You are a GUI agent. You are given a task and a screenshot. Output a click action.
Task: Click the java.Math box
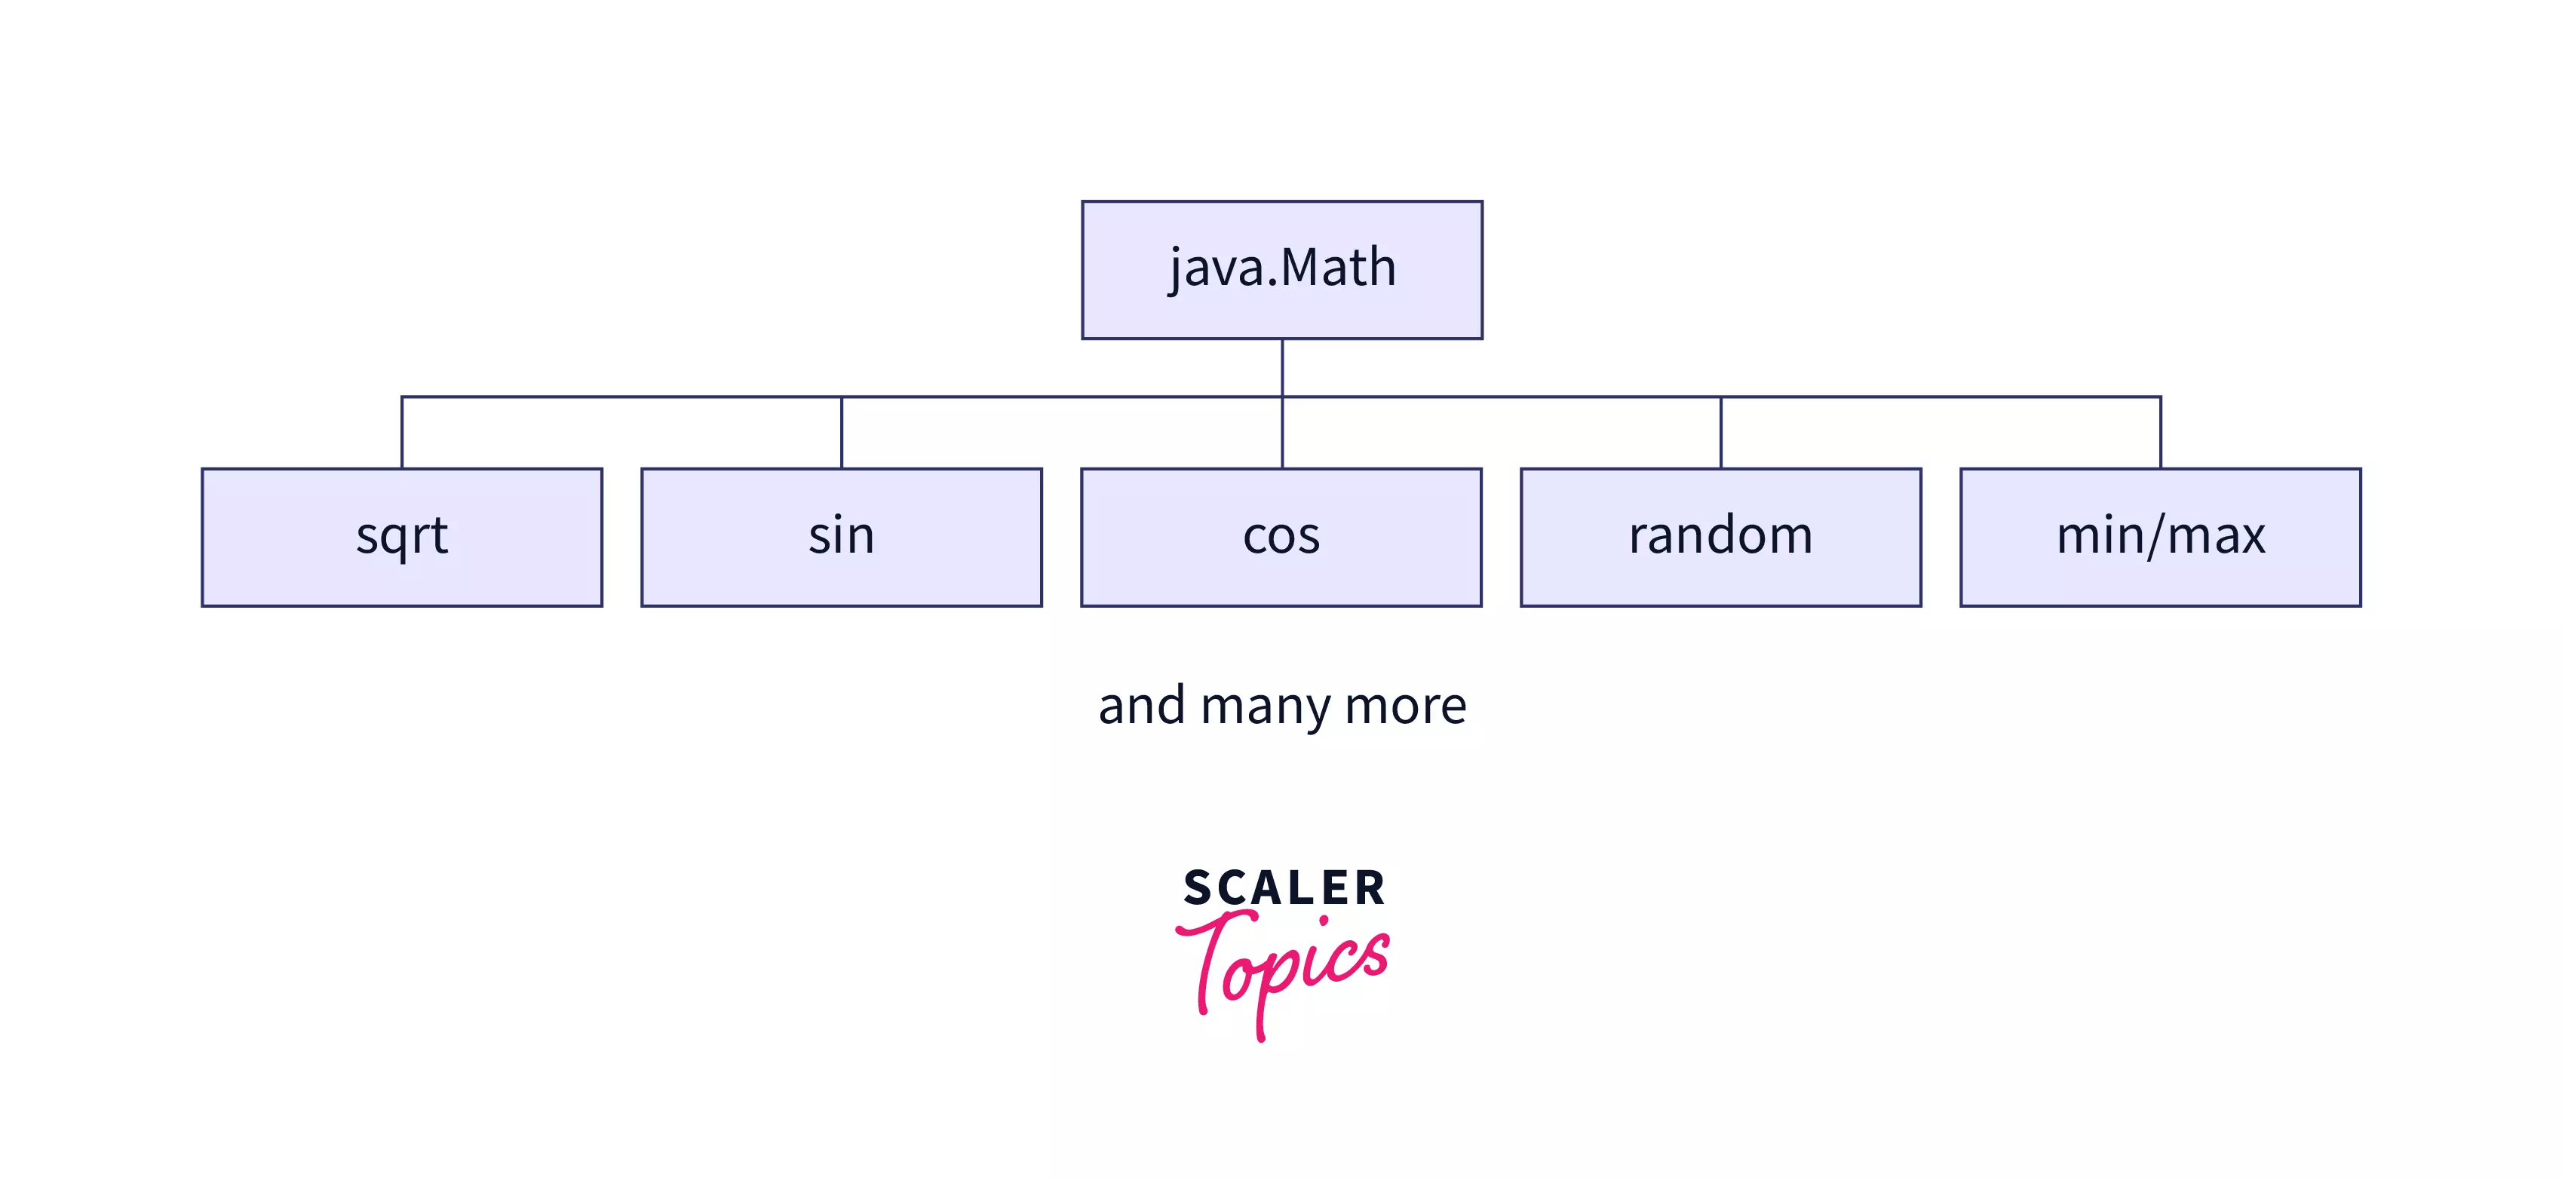(1281, 270)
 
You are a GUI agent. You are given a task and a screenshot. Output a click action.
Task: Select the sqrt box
(402, 537)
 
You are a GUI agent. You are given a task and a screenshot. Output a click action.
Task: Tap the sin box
(842, 537)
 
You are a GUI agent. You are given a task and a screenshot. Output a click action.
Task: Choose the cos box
(1281, 537)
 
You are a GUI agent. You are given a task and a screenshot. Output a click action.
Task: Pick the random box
(1720, 537)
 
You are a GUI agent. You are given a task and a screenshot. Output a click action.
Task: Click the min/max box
(2161, 537)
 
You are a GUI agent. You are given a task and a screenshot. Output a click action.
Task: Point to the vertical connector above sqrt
(402, 433)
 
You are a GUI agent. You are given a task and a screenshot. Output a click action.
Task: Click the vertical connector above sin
(842, 433)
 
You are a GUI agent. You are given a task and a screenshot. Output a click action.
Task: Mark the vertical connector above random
(1720, 433)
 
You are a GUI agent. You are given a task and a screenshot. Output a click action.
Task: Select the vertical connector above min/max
(2161, 433)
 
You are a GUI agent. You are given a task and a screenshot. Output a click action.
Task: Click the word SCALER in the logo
(1284, 888)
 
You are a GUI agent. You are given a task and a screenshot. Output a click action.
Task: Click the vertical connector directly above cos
(1282, 433)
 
